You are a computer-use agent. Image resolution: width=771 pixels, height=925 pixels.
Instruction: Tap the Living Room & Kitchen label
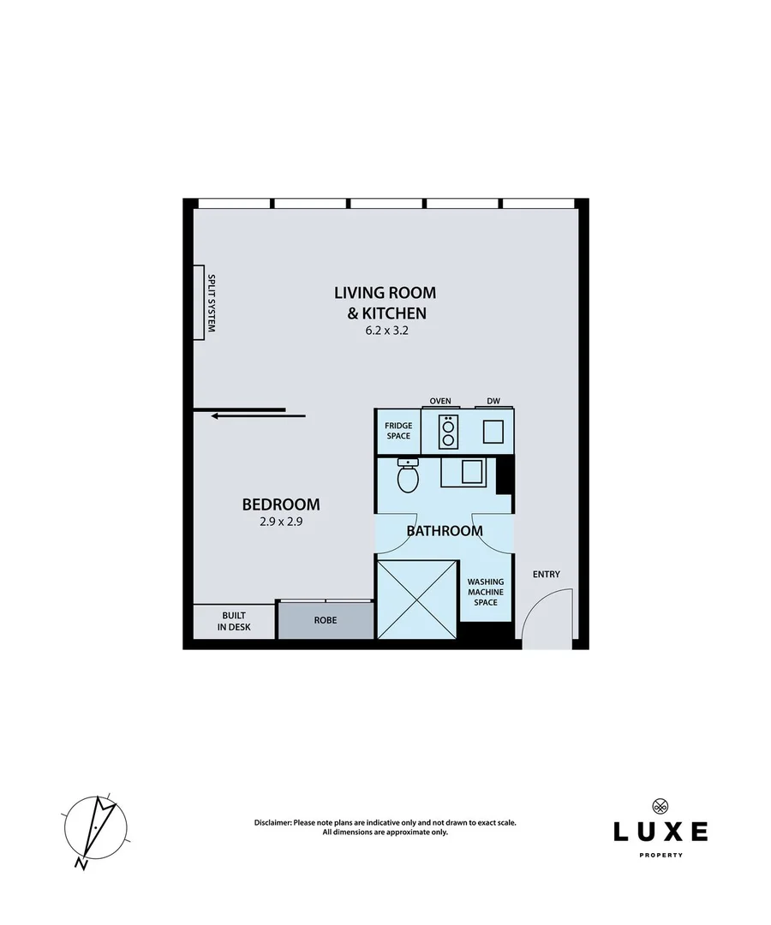coord(385,302)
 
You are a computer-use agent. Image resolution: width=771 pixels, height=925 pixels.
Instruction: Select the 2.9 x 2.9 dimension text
coord(281,520)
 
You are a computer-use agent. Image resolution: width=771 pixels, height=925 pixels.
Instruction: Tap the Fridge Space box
coord(398,431)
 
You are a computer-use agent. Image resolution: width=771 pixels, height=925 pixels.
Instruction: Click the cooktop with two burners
coord(448,431)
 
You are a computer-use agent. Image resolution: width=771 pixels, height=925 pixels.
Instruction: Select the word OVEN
coord(440,401)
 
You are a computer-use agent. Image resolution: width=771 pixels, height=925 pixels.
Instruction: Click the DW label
coord(493,401)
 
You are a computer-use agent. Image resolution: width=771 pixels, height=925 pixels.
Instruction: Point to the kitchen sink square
coord(493,432)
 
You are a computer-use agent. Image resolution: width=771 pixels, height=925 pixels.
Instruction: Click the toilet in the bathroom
coord(408,476)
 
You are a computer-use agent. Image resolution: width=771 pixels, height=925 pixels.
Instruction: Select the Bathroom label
coord(445,531)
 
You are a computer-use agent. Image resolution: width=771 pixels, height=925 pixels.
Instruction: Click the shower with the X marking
coord(416,600)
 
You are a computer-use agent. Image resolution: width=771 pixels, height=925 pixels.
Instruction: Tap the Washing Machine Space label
coord(485,592)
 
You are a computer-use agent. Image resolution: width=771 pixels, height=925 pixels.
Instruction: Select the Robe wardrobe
coord(325,619)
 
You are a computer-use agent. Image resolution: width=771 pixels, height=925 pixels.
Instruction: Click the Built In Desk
coord(235,621)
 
